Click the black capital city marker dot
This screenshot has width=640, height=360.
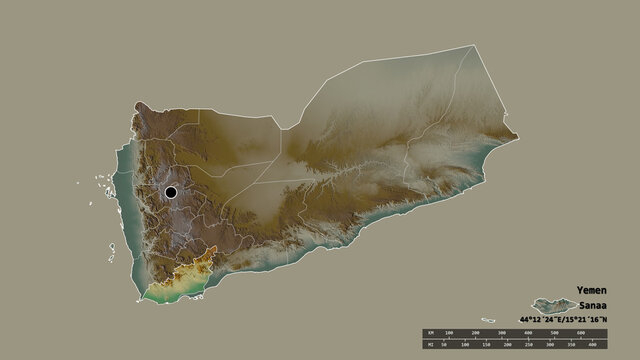click(171, 192)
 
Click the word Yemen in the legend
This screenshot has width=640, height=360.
click(591, 290)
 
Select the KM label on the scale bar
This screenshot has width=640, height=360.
click(429, 332)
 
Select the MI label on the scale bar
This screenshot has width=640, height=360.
click(429, 345)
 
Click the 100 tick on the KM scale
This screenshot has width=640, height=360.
click(450, 332)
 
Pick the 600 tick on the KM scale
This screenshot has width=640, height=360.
click(580, 332)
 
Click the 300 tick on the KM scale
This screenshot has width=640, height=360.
click(502, 332)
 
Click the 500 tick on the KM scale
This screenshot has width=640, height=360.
click(554, 332)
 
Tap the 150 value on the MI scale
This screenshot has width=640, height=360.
click(487, 345)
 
